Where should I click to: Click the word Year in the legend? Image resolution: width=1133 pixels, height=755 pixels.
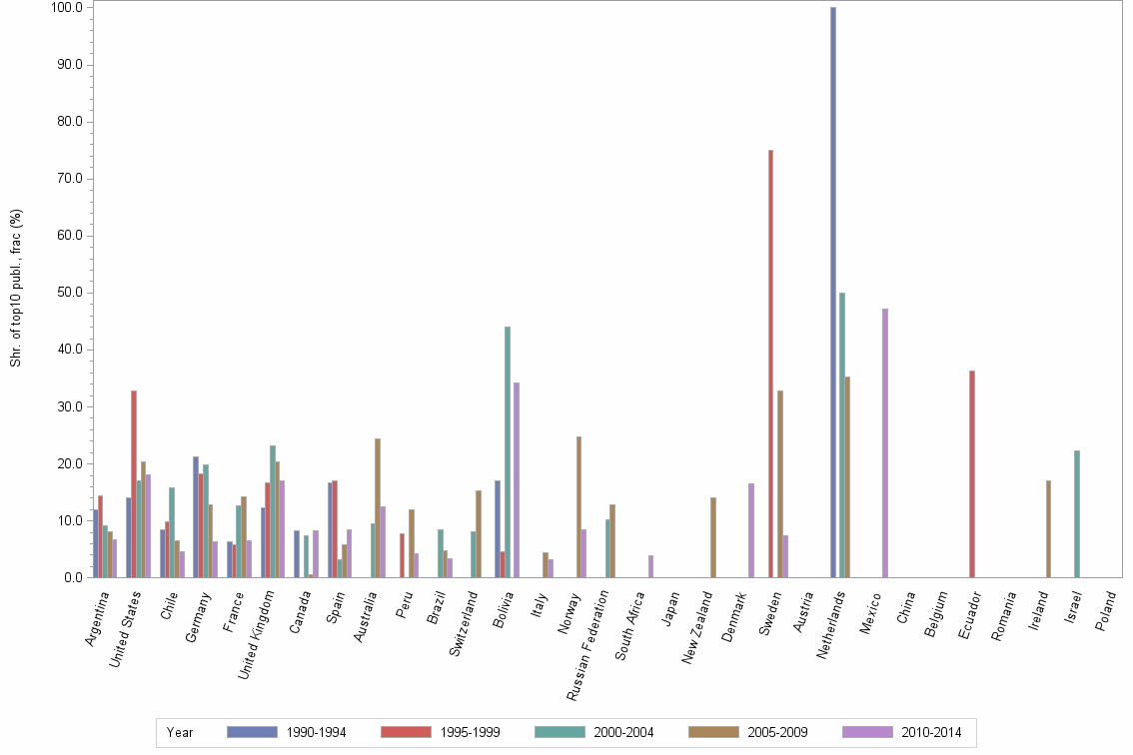(180, 733)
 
